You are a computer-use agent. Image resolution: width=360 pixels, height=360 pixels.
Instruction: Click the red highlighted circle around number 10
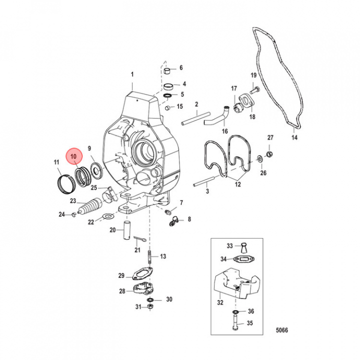click(73, 157)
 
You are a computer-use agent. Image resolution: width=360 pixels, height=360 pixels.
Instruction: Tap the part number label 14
click(294, 137)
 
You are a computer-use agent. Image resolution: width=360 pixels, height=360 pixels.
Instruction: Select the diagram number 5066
click(282, 330)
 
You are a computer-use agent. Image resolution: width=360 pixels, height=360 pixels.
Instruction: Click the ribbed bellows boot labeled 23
click(93, 206)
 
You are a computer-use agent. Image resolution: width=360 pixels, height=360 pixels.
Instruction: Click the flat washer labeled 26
click(260, 160)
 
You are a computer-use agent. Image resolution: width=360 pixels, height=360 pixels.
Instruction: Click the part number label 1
click(133, 75)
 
